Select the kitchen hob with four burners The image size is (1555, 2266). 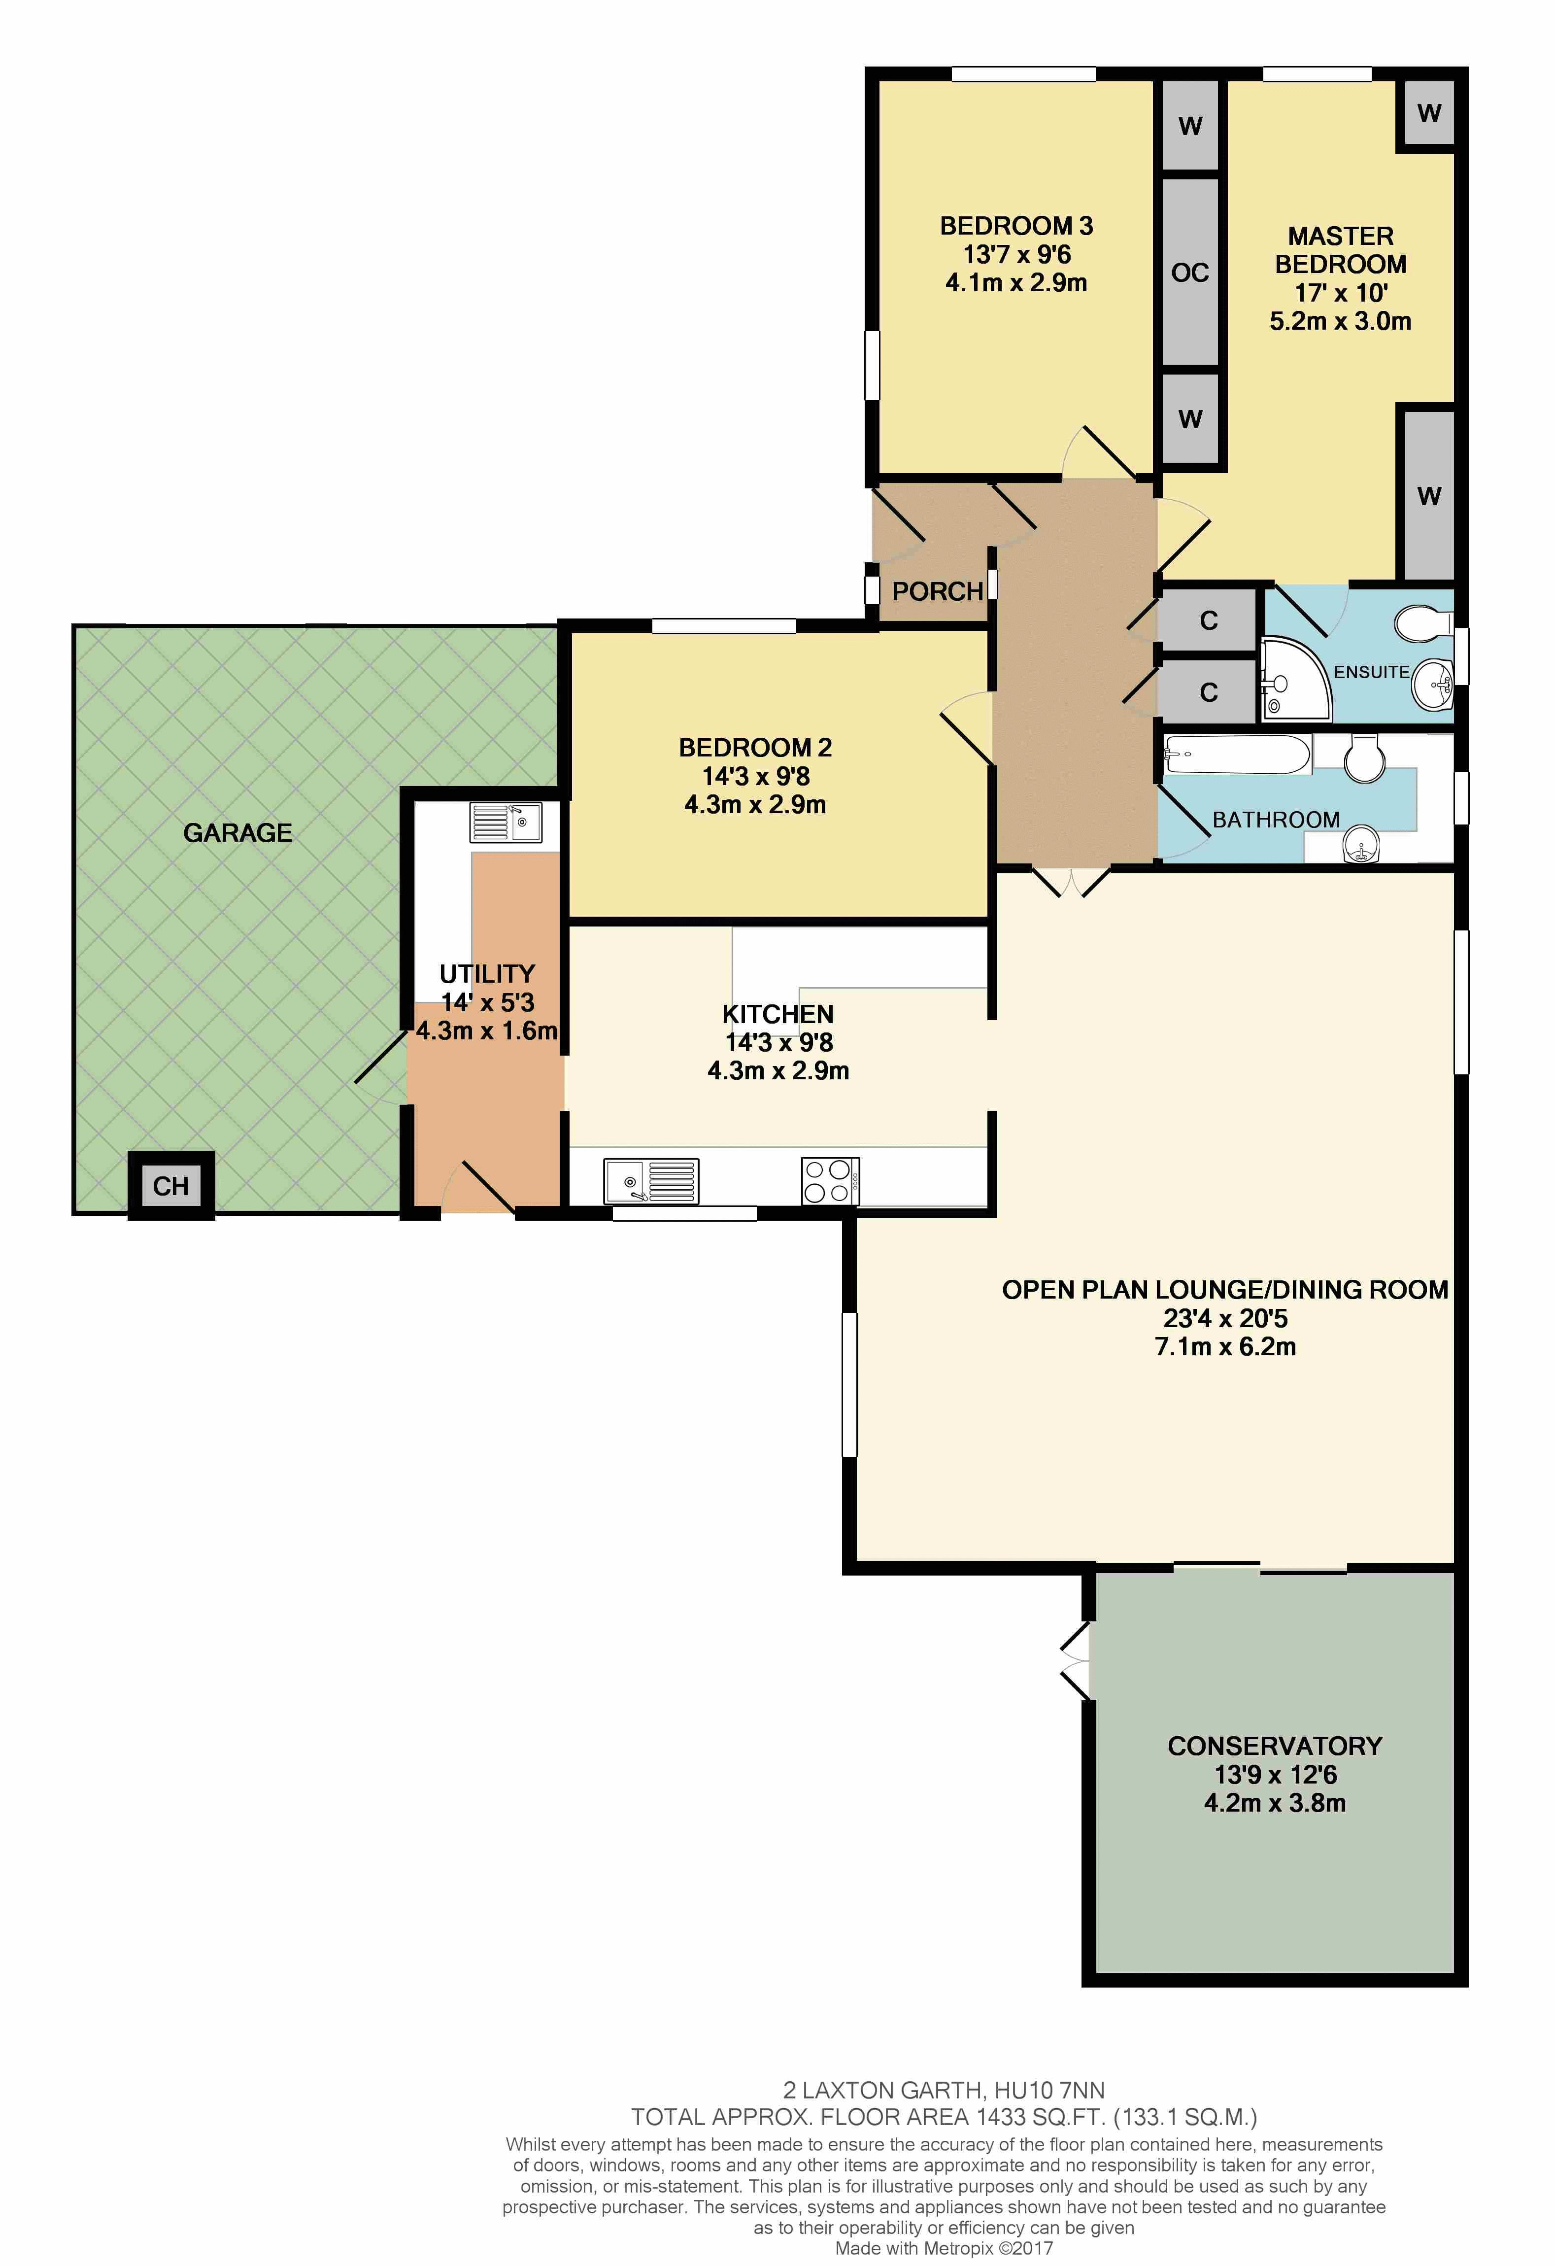[x=830, y=1181]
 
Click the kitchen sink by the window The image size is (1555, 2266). [x=650, y=1181]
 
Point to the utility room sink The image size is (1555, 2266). [x=506, y=822]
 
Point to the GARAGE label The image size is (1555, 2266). [x=238, y=833]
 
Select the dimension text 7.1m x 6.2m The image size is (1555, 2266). [x=1225, y=1346]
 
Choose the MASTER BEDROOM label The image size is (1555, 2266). [x=1341, y=250]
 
